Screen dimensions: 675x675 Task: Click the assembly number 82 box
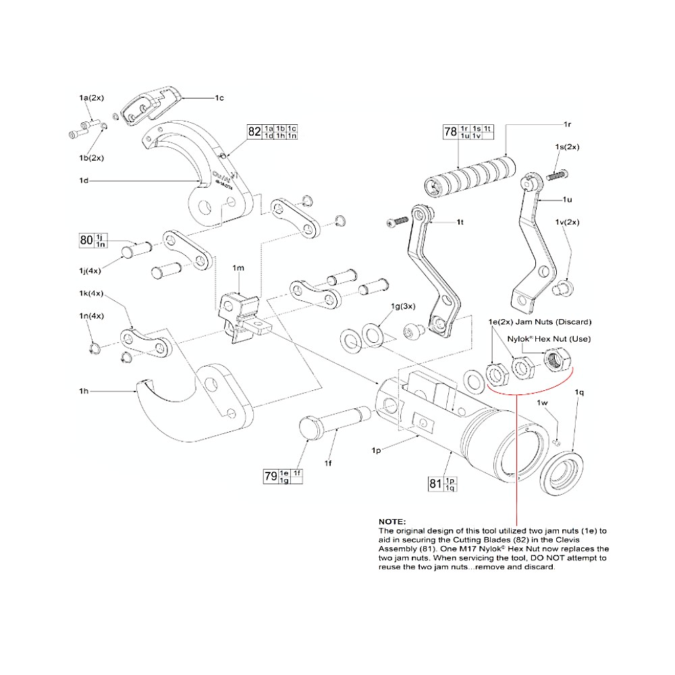pyautogui.click(x=254, y=132)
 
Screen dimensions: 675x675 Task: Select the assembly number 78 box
pyautogui.click(x=450, y=132)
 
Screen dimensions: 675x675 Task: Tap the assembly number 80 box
pyautogui.click(x=86, y=240)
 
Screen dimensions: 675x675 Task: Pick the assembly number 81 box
pyautogui.click(x=435, y=483)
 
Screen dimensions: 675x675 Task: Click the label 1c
pyautogui.click(x=219, y=99)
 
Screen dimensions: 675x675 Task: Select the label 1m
pyautogui.click(x=238, y=268)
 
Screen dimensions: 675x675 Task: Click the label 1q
pyautogui.click(x=578, y=391)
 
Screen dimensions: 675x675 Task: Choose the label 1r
pyautogui.click(x=567, y=126)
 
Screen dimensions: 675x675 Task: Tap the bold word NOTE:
pyautogui.click(x=392, y=522)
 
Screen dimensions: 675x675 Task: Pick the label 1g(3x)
pyautogui.click(x=403, y=306)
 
